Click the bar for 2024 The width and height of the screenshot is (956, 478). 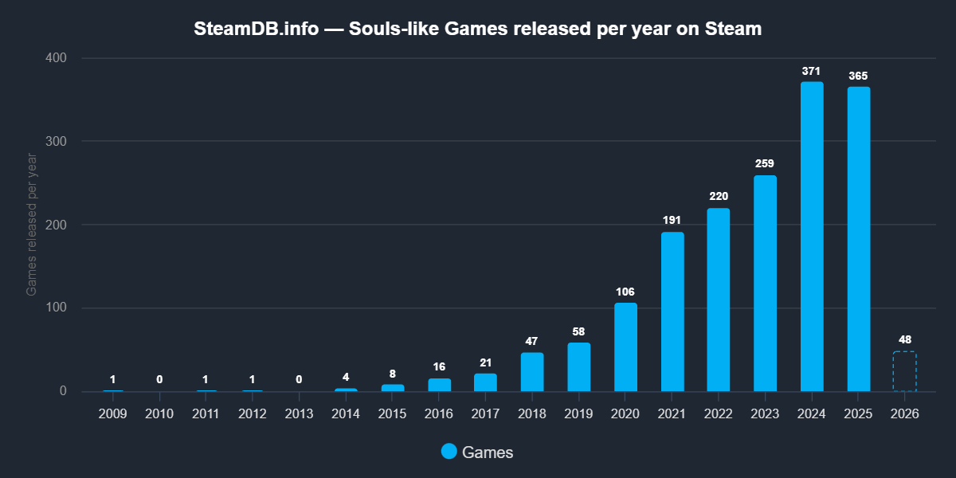(x=812, y=237)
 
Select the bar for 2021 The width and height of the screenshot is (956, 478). (x=672, y=311)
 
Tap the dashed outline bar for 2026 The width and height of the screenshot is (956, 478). (x=904, y=371)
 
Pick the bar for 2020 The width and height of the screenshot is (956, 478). (x=625, y=347)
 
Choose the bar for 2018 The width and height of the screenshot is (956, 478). (x=532, y=372)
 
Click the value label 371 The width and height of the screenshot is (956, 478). (x=812, y=72)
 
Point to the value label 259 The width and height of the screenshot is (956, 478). (x=765, y=164)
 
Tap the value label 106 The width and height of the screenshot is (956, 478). (x=625, y=292)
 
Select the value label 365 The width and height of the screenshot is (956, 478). (x=858, y=76)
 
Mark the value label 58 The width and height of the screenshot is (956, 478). (x=579, y=331)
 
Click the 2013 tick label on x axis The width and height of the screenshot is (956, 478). (x=299, y=414)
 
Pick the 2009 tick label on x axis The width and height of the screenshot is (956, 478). (x=113, y=414)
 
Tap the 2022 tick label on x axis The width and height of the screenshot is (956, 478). (x=719, y=414)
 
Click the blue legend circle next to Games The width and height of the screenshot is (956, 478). (x=449, y=452)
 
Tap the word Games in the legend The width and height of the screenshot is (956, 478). (x=488, y=453)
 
